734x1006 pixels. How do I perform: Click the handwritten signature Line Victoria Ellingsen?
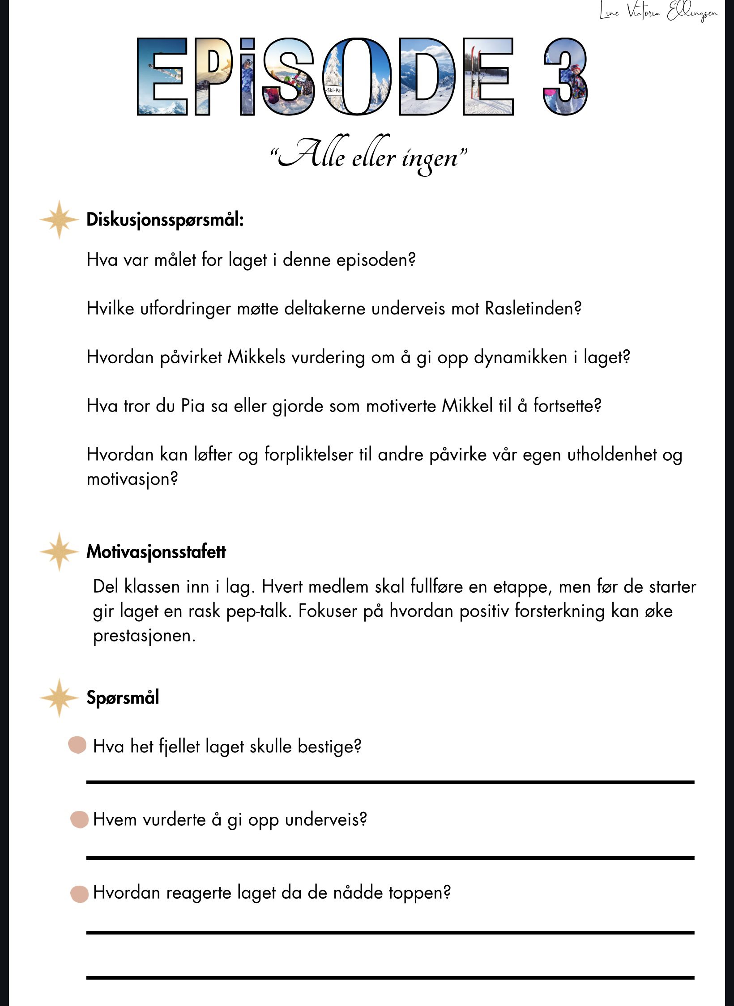[x=658, y=12]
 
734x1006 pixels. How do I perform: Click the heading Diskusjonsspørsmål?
[x=165, y=220]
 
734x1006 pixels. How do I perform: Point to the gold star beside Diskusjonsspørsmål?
[x=59, y=219]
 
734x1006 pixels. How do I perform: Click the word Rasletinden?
[x=533, y=308]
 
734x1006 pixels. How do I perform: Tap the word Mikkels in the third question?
[x=256, y=357]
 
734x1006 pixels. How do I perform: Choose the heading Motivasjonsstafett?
[x=156, y=552]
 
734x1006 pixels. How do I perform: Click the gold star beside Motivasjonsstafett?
[x=59, y=552]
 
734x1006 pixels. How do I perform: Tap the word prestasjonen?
[x=144, y=636]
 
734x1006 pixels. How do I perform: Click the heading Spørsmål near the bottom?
[x=123, y=697]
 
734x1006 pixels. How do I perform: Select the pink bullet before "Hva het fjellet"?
[x=77, y=745]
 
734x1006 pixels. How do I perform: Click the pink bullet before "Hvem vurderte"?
[x=80, y=819]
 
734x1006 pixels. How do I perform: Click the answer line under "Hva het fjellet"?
[x=390, y=782]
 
